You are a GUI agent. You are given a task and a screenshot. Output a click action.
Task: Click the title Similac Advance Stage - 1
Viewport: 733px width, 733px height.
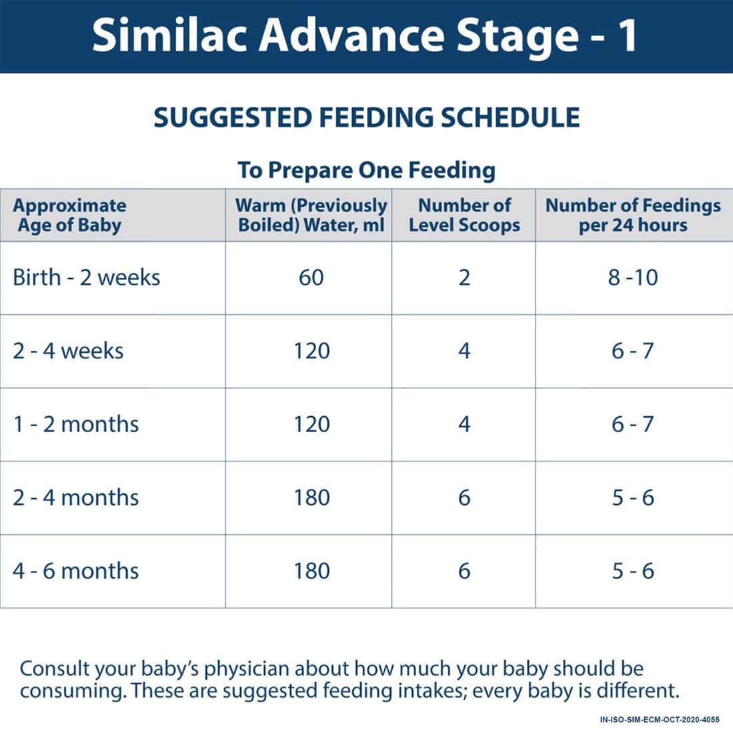365,36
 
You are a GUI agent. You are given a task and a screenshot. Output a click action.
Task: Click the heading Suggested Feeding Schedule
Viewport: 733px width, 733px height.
366,118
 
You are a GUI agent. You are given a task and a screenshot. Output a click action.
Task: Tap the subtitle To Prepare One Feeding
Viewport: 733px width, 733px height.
366,170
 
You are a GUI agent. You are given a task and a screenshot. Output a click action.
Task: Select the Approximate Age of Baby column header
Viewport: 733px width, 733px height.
69,215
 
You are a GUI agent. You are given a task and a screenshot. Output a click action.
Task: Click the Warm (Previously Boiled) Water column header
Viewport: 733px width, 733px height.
311,215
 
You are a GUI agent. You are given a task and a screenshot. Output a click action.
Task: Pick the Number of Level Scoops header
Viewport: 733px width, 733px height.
464,215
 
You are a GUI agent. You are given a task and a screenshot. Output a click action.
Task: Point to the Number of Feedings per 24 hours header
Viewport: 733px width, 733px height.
633,215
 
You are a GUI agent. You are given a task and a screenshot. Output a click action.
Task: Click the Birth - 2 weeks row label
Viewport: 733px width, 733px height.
87,277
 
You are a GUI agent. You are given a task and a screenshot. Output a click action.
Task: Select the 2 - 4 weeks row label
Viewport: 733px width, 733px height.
68,351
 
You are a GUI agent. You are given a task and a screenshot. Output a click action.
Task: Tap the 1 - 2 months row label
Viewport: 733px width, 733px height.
76,424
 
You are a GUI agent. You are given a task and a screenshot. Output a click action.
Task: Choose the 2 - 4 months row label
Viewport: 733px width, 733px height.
76,498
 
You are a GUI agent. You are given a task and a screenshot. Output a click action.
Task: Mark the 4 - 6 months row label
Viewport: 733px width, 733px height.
76,571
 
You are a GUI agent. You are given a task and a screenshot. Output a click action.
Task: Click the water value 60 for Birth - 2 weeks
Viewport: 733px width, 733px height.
311,277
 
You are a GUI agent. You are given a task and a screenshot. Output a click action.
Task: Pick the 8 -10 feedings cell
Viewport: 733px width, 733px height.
633,277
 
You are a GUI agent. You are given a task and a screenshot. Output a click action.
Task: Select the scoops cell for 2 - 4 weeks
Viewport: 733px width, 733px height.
464,351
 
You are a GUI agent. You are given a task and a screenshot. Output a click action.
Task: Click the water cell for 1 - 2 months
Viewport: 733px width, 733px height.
311,424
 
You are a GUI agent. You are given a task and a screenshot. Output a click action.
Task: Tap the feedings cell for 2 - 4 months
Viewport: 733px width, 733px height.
633,498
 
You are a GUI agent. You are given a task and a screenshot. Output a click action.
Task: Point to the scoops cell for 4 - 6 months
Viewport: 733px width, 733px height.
464,571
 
